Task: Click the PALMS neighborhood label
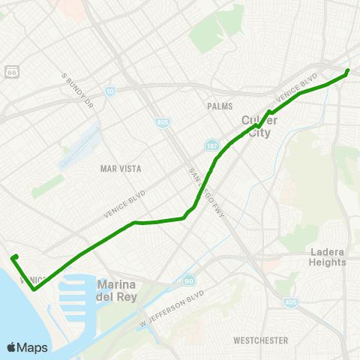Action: [220, 106]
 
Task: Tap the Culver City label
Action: [259, 127]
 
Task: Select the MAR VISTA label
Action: [121, 169]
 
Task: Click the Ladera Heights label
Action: [328, 257]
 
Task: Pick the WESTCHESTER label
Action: [260, 340]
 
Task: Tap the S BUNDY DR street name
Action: [76, 88]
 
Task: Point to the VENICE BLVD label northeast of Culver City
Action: [298, 88]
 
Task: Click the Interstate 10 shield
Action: [109, 91]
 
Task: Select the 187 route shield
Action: [214, 144]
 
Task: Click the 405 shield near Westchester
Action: [289, 302]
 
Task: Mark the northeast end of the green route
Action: [348, 71]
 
